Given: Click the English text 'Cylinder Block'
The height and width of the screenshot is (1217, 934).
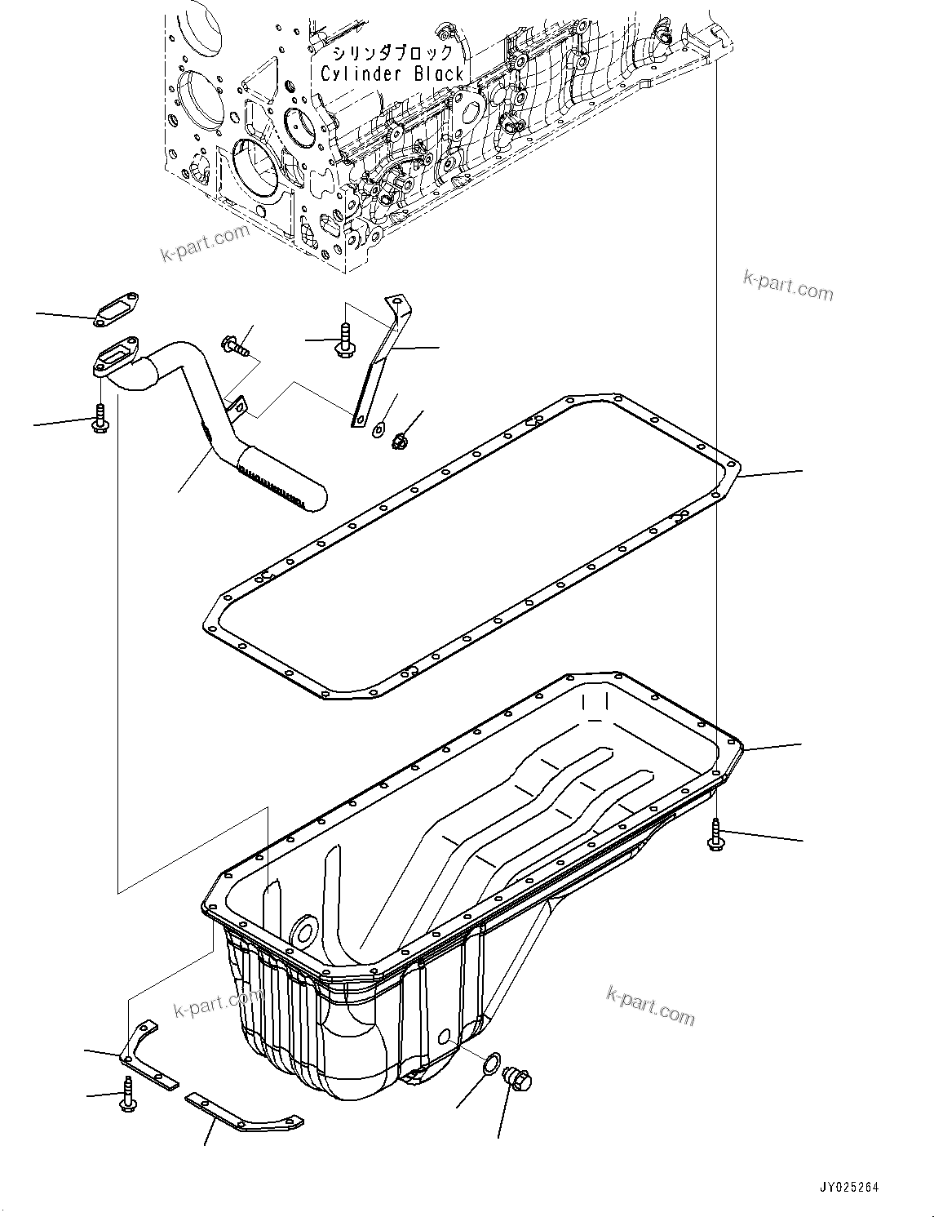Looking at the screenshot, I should pyautogui.click(x=392, y=74).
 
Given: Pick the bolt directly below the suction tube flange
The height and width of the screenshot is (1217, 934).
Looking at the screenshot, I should pyautogui.click(x=100, y=420).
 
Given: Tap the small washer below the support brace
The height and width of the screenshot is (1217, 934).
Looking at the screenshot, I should pyautogui.click(x=380, y=428).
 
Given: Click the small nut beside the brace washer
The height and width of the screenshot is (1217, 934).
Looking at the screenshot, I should pyautogui.click(x=399, y=442).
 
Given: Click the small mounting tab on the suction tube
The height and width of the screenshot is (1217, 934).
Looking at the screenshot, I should pyautogui.click(x=239, y=405).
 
